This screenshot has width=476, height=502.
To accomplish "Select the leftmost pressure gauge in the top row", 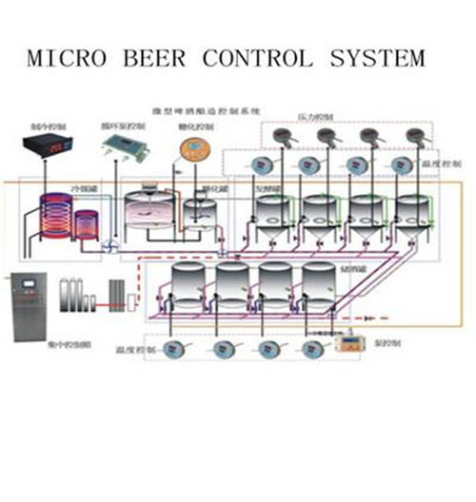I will (x=283, y=137).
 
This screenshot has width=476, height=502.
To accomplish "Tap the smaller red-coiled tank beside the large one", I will (x=87, y=228).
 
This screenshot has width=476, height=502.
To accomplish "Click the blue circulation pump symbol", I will (x=110, y=245).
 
